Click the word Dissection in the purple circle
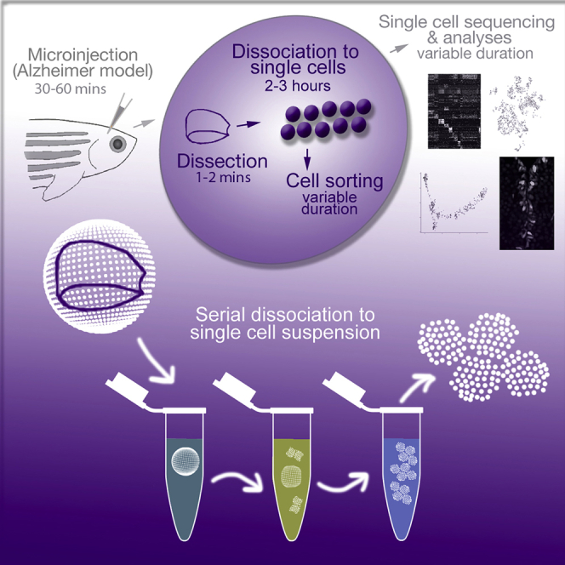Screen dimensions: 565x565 (x=220, y=160)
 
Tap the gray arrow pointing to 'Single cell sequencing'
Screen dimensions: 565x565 (x=397, y=49)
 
